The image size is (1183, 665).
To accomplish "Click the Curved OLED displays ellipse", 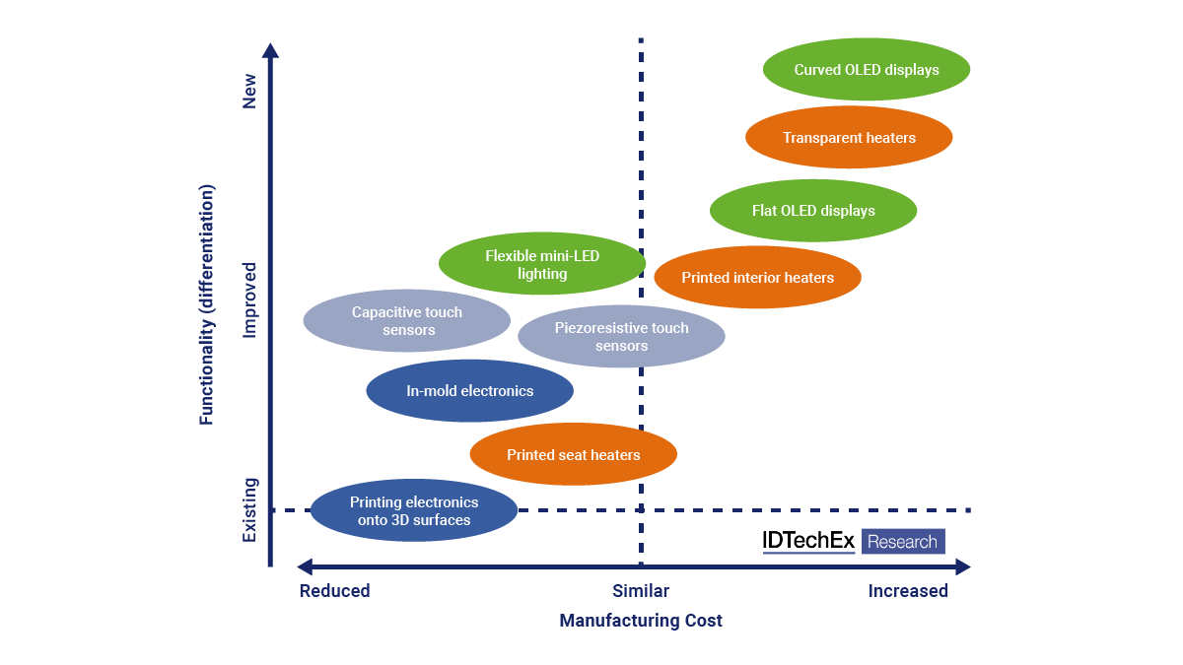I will (x=866, y=70).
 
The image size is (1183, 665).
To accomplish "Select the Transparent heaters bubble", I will (x=849, y=138).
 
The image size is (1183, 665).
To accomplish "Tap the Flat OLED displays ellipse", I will (x=813, y=211).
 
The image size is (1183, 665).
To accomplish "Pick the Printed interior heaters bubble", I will (x=757, y=278).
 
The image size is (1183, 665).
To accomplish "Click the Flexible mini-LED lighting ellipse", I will (x=541, y=265).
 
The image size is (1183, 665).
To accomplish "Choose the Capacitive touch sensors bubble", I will (x=406, y=321).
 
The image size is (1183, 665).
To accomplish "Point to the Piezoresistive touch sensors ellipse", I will (x=621, y=337).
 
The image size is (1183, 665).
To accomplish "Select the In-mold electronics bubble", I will (x=469, y=391).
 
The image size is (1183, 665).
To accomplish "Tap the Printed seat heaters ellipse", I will (x=573, y=455).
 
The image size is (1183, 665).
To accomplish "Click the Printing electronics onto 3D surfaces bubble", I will (x=413, y=511).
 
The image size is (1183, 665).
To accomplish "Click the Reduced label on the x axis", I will (x=334, y=591).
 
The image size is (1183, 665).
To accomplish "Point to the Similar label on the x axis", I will (x=641, y=591).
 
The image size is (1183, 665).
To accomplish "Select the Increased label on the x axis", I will (x=908, y=591).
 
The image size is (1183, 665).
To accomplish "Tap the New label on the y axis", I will (x=249, y=91).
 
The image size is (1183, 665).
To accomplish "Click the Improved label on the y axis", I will (x=249, y=299).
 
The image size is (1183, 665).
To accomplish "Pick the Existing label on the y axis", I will (x=249, y=509).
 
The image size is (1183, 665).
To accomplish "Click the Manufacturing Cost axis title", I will (x=641, y=621).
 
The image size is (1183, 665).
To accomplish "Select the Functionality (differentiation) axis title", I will (x=206, y=304).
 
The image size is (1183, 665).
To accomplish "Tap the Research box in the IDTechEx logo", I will (x=903, y=542).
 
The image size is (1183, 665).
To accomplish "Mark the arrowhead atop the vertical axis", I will (x=270, y=49).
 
